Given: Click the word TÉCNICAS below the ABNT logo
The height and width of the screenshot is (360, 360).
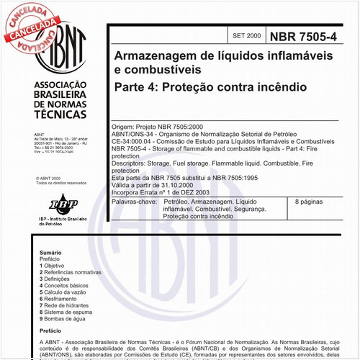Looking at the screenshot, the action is [60, 124].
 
